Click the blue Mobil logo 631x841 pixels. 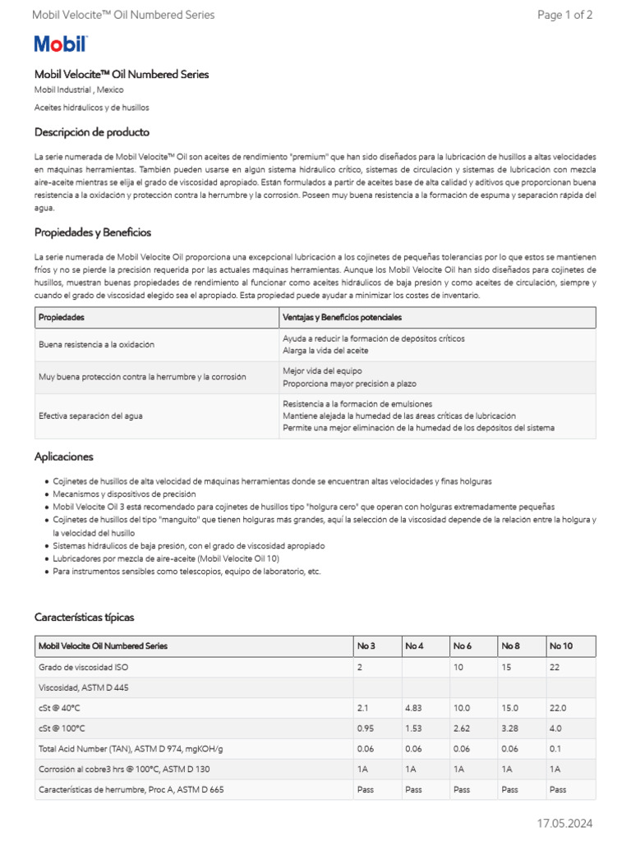[60, 44]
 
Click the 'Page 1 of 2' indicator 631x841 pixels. [564, 15]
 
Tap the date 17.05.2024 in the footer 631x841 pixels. [564, 823]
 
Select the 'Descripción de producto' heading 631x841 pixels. [91, 132]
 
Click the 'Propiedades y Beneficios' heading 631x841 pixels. [92, 232]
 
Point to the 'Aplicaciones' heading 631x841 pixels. [63, 457]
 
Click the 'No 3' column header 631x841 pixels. [366, 646]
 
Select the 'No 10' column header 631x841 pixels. [560, 646]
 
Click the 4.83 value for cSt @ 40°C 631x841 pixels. [413, 707]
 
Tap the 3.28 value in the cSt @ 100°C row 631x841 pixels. [509, 728]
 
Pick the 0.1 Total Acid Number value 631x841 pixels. [556, 748]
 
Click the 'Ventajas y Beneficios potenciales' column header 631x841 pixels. [342, 317]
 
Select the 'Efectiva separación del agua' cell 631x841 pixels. [90, 416]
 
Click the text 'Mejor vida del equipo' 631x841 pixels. [321, 371]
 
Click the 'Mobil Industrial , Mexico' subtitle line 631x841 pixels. [79, 90]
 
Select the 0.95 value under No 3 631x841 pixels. [366, 728]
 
